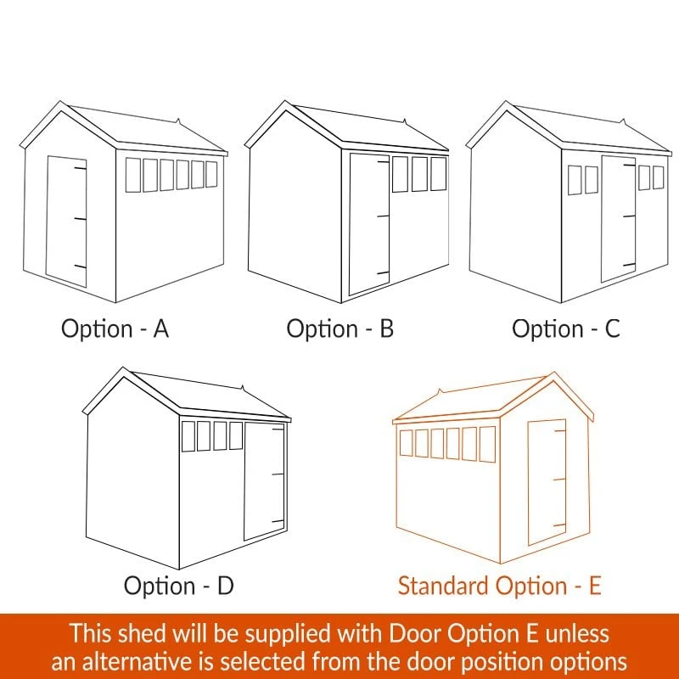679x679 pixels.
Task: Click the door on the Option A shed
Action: point(67,222)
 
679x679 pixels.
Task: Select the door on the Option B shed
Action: point(369,224)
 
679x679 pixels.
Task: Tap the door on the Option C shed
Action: point(619,219)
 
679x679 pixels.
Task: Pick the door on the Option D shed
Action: point(264,481)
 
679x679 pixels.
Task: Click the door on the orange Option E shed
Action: point(547,482)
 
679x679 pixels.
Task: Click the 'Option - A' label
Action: point(115,328)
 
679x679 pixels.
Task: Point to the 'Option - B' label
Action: point(340,328)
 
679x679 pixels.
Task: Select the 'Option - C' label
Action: point(566,328)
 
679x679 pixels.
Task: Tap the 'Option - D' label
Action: point(178,586)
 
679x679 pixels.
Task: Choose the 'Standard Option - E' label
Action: point(499,586)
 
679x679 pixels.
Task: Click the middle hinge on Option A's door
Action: point(80,219)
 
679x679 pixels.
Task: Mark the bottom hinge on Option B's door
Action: point(383,272)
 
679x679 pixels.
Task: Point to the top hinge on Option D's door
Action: point(278,429)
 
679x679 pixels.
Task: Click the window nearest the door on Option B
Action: point(400,174)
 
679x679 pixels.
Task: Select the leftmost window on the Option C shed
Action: point(575,180)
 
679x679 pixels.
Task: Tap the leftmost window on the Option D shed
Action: point(188,436)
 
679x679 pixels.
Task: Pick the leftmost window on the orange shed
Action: point(406,443)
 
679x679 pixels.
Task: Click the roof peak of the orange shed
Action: point(553,373)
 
